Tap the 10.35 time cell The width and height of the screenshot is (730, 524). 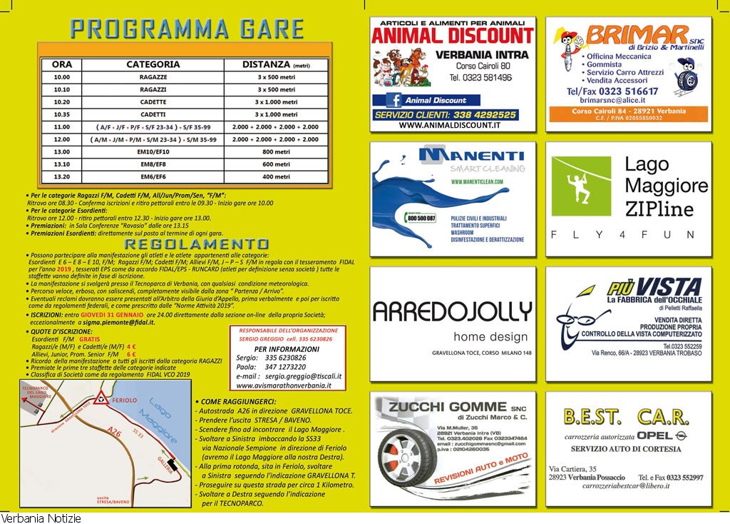coord(62,114)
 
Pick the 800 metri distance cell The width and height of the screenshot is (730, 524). coord(275,152)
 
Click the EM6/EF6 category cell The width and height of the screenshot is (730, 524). coord(153,177)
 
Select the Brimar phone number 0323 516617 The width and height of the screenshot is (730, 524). coord(612,91)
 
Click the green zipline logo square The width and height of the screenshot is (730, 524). coord(581,186)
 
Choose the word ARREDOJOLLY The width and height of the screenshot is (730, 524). coord(452,312)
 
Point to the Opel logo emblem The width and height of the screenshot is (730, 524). coord(680,435)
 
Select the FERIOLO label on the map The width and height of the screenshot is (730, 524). coord(125,400)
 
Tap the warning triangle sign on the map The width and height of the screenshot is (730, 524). coord(102,398)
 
